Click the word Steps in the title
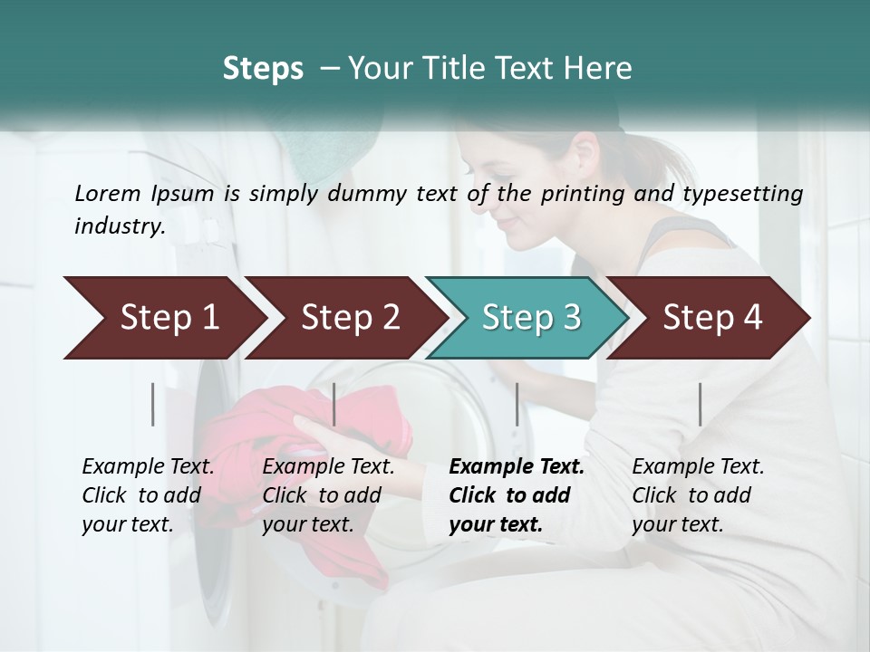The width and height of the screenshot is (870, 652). (x=263, y=68)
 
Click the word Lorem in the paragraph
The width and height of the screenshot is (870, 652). (x=107, y=193)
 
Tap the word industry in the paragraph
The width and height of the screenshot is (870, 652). (x=119, y=225)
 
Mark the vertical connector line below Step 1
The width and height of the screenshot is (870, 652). (x=153, y=404)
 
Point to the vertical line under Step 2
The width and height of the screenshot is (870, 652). (x=334, y=404)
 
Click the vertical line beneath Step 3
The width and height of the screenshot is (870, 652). (x=517, y=404)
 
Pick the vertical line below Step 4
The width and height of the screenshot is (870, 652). (x=701, y=404)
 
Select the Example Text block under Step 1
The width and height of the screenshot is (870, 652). (x=148, y=495)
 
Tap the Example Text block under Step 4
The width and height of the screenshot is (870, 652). (x=698, y=495)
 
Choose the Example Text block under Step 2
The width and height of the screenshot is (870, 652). (x=328, y=495)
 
